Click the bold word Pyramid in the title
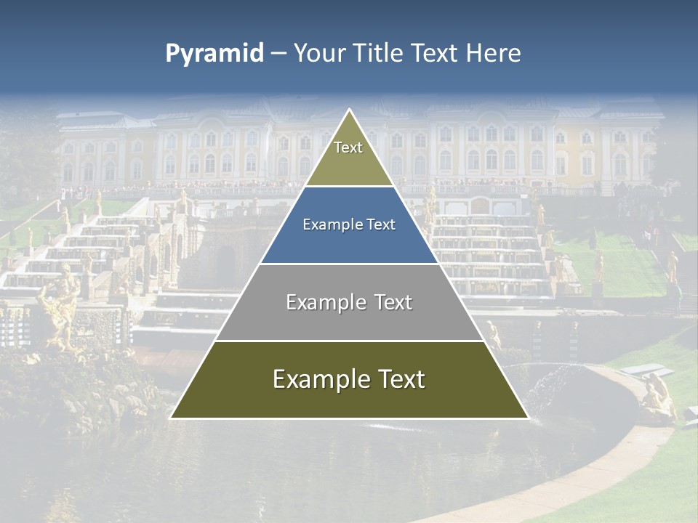(x=214, y=54)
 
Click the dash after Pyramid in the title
(x=278, y=54)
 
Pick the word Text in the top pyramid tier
(x=348, y=148)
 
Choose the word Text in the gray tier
(x=391, y=303)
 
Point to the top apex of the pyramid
(x=349, y=110)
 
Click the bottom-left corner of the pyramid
(x=171, y=418)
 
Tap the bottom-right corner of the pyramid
(x=528, y=418)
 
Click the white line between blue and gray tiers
(x=349, y=264)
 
